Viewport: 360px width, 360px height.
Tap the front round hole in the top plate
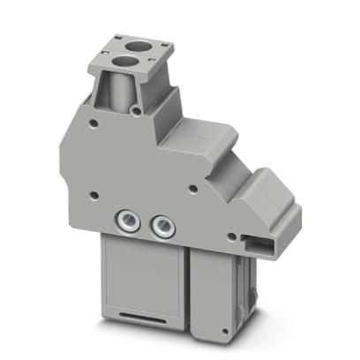(x=123, y=60)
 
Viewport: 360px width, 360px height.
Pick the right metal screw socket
(x=162, y=227)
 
